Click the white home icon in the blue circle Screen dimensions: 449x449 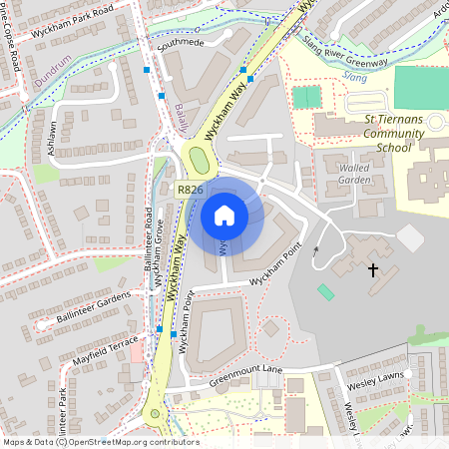point(224,215)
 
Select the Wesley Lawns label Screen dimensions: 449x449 point(374,380)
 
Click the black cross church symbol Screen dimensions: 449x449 point(373,269)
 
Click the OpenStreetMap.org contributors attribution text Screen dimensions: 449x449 point(136,442)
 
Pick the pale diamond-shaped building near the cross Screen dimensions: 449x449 point(410,238)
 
